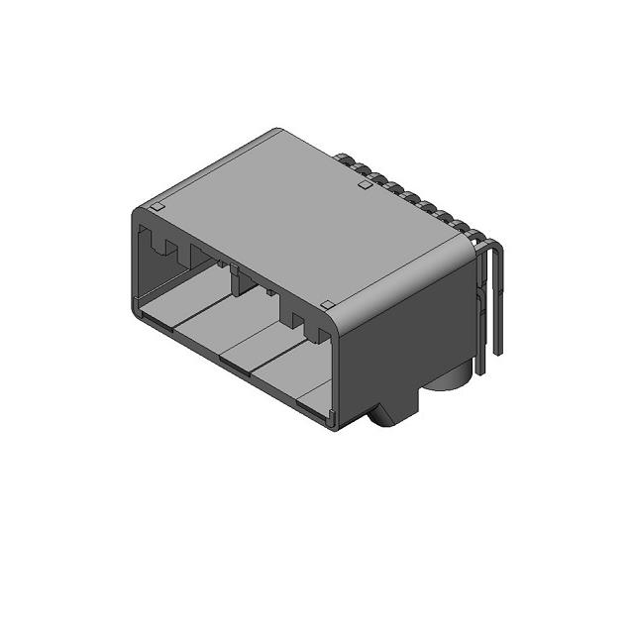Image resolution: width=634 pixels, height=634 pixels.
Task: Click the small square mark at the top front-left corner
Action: [156, 207]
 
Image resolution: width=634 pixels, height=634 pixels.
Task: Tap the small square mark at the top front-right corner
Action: [327, 304]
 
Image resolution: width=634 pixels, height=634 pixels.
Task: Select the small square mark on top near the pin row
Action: [365, 184]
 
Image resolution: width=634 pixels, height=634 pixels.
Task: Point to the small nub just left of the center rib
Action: [214, 261]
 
